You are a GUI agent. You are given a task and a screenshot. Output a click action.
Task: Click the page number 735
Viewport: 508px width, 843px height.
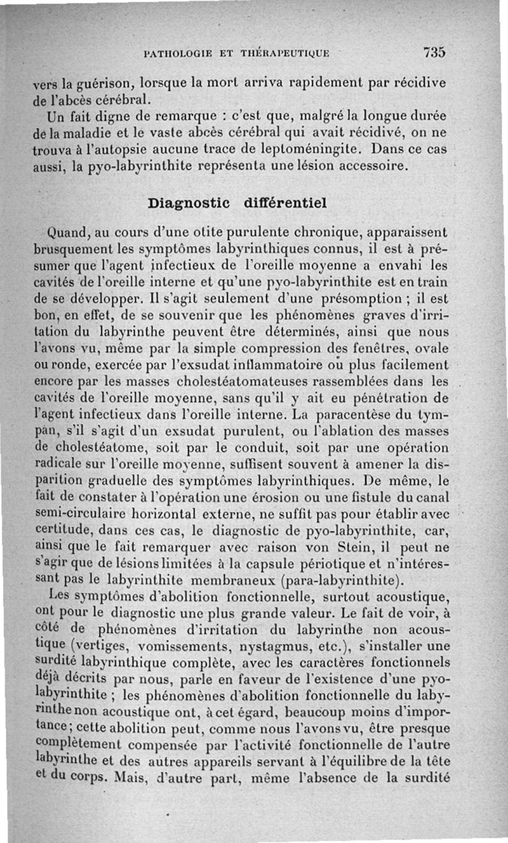coord(432,52)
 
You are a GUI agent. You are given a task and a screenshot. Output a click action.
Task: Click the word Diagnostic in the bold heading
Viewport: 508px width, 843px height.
coord(189,204)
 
